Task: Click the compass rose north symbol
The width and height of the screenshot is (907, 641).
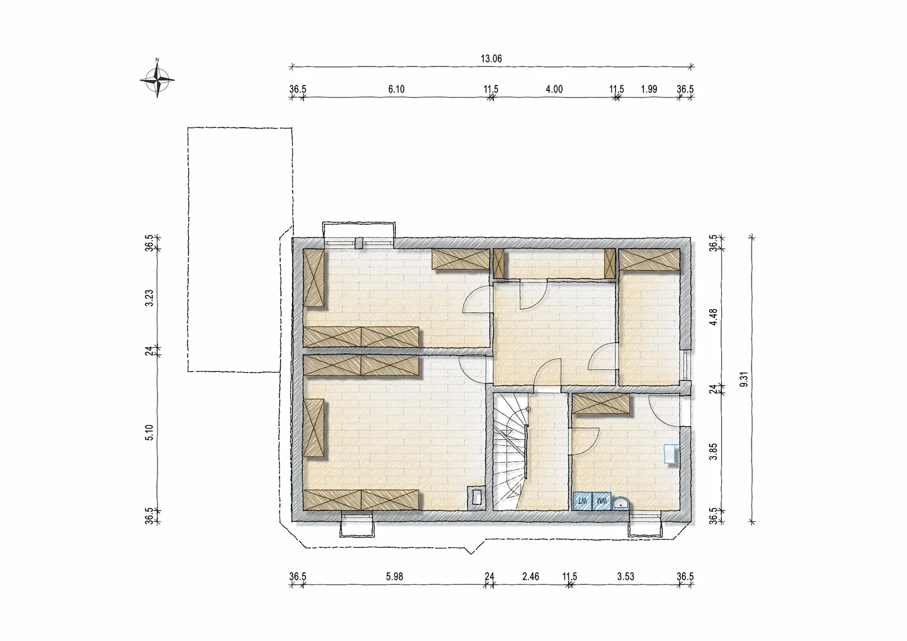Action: point(157,80)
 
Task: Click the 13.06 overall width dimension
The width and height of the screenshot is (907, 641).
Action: point(491,59)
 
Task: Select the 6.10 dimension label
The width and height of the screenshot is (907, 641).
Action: point(396,89)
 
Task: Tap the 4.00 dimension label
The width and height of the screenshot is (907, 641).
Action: point(554,89)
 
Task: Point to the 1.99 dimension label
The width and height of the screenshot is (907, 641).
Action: point(649,89)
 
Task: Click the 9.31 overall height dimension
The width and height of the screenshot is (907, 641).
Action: point(744,379)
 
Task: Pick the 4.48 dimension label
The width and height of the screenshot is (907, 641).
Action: point(713,317)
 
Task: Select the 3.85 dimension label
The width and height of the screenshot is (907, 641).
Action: point(713,452)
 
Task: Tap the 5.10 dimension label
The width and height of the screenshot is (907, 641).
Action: point(150,433)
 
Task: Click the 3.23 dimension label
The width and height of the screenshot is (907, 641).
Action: point(150,298)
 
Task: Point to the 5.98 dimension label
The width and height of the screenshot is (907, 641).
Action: point(394,576)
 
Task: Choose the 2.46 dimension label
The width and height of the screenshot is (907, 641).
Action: point(531,576)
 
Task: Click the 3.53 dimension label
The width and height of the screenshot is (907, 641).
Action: point(626,576)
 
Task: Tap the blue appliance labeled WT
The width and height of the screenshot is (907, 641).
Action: point(582,501)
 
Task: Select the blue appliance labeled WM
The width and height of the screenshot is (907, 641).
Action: point(601,501)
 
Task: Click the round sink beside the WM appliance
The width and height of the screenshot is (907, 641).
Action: point(620,504)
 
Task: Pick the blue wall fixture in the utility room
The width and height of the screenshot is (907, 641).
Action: point(671,454)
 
